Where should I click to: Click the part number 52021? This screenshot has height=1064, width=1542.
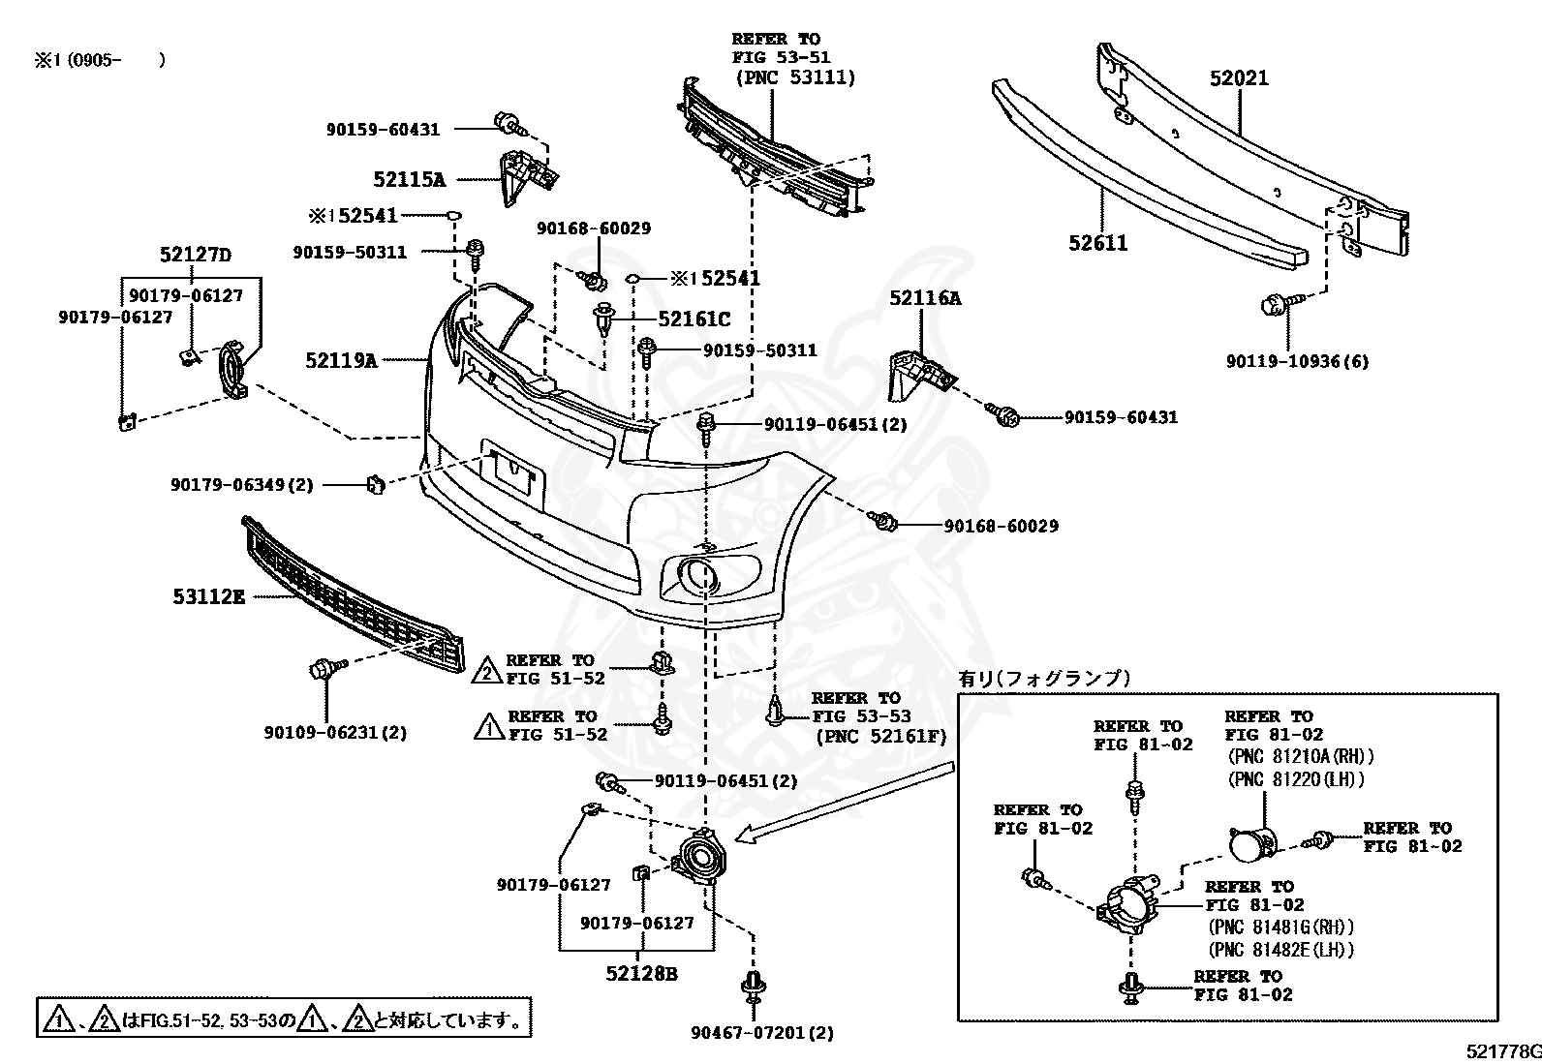pos(1238,78)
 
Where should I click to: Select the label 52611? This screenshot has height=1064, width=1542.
pos(1097,243)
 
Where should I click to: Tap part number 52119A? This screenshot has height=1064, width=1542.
pos(341,360)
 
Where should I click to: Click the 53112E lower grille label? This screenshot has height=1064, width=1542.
pos(209,596)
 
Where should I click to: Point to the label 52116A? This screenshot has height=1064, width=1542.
pos(925,298)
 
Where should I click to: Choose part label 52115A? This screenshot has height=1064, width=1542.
pos(409,179)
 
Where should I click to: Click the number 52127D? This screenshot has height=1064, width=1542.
pos(196,256)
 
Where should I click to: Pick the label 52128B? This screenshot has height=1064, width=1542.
pos(641,973)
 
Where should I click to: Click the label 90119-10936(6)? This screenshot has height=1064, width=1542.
pos(1297,361)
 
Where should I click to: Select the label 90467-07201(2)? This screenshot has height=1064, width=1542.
pos(762,1033)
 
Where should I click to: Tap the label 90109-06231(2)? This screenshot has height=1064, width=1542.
pos(335,733)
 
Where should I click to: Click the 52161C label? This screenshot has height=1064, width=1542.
pos(694,319)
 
